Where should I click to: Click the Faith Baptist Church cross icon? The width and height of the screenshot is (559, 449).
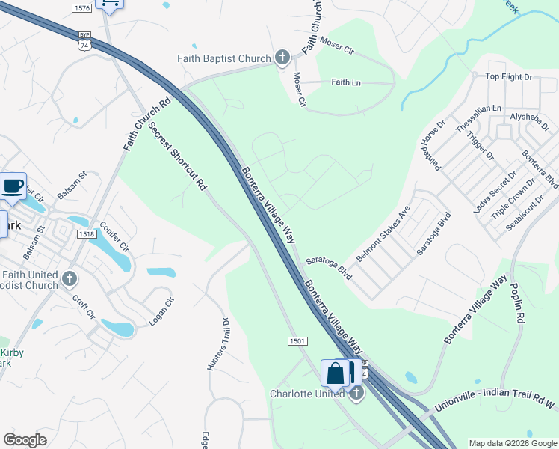point(282,58)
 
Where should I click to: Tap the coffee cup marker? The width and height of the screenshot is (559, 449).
point(13,186)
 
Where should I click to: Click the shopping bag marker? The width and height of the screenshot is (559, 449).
point(336,373)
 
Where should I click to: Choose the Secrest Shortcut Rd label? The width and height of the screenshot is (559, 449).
point(177,158)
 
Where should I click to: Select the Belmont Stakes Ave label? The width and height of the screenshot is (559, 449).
point(383,233)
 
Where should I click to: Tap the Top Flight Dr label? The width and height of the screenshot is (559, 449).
point(508,76)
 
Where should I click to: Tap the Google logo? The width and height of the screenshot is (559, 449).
point(25,440)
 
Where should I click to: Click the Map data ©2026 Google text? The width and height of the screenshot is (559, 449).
point(513,443)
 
